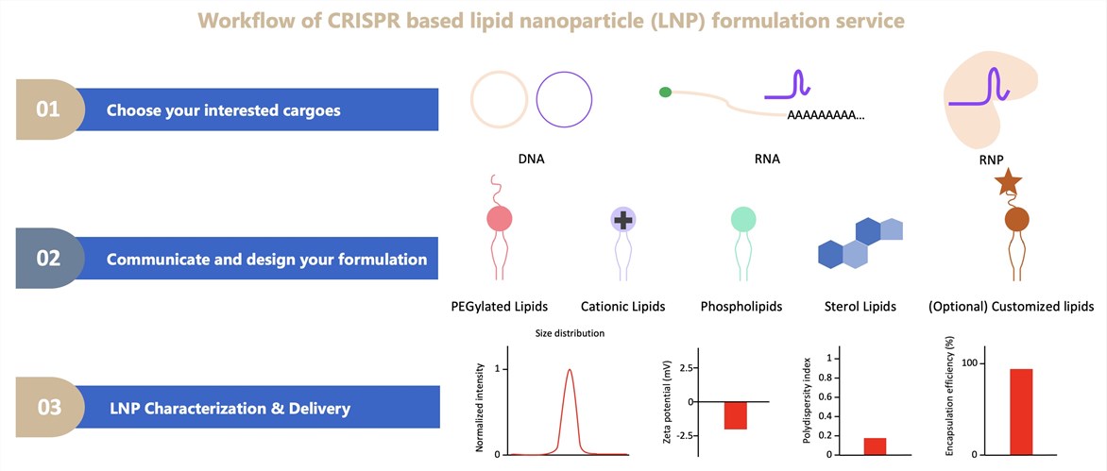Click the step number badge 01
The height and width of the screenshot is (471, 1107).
47,109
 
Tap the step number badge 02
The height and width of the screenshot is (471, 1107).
47,259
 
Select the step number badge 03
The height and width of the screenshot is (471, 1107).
47,409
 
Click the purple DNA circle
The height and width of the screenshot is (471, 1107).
564,98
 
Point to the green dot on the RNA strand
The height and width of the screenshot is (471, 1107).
665,93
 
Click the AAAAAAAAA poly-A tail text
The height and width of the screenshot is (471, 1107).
824,115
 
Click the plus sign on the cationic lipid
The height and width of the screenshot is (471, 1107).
622,220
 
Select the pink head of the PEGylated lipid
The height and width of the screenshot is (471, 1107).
499,220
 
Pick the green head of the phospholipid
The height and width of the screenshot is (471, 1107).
743,220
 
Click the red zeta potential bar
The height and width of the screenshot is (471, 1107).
735,415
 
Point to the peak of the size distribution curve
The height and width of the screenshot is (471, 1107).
569,370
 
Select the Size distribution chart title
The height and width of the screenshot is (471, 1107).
570,333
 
